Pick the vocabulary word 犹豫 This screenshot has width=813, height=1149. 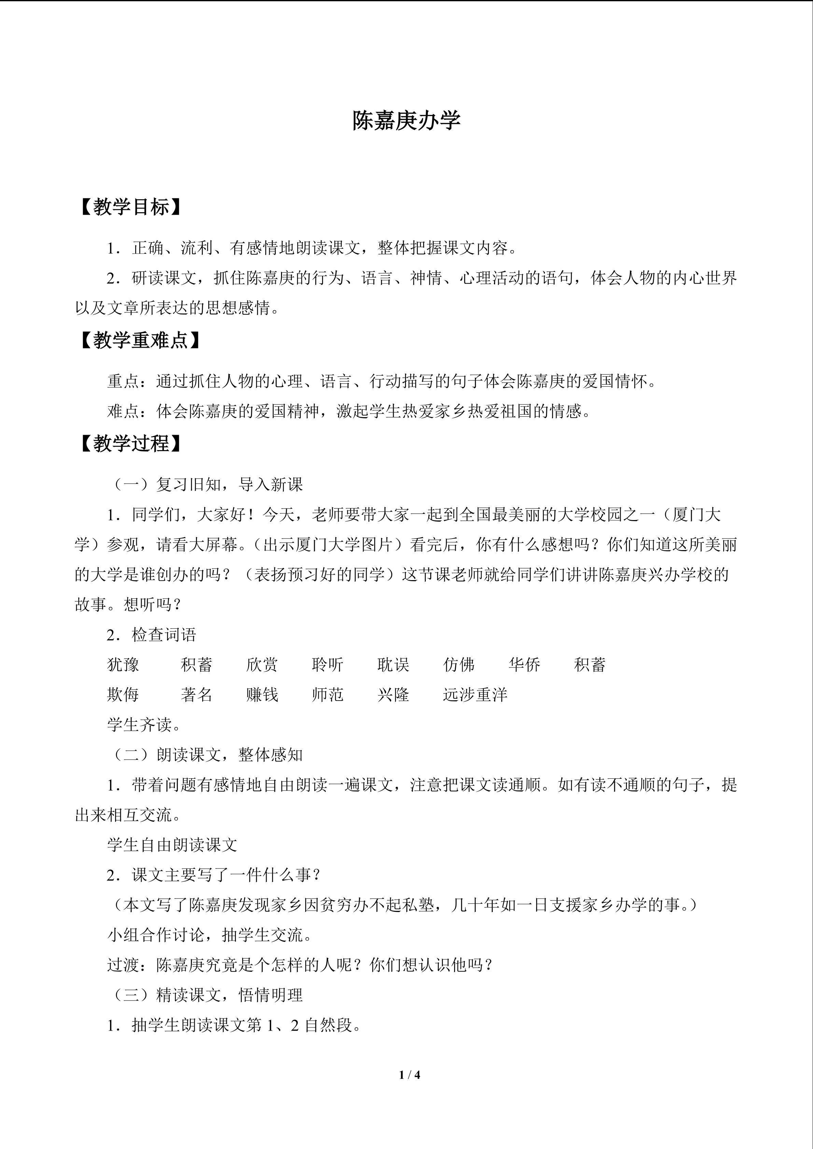coord(123,664)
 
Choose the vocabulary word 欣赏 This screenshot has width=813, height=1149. coord(262,664)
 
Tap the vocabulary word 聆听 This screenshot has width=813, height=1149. coord(327,664)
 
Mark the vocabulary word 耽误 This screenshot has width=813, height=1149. coord(393,664)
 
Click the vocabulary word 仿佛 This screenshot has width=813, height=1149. coord(459,664)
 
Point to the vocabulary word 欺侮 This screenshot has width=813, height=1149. coord(123,694)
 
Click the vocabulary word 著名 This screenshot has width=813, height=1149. coord(197,694)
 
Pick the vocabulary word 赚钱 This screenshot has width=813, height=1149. coord(262,694)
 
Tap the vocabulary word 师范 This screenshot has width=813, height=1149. coord(327,694)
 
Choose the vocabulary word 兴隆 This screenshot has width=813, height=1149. coord(393,694)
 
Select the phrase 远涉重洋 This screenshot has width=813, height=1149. coord(475,694)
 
